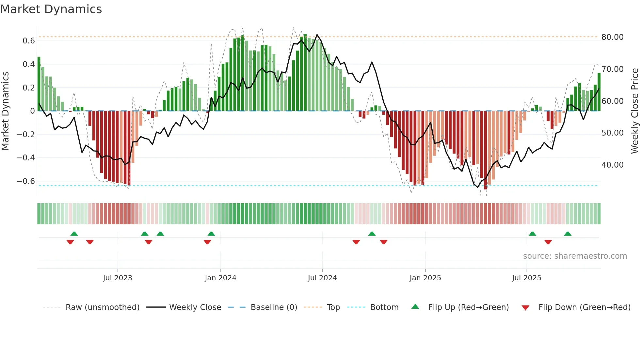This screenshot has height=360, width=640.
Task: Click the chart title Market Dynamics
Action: coord(51,9)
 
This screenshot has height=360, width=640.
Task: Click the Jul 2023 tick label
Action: coord(118,278)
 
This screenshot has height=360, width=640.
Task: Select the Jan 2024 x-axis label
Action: coord(220,278)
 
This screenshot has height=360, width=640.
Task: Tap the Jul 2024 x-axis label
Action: coord(322,278)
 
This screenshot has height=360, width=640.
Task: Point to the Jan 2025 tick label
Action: coord(425,278)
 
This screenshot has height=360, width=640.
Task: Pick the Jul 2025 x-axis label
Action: coord(526,278)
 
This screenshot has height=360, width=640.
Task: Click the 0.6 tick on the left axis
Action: coord(29,41)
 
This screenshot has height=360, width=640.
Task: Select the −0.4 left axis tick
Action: coord(26,158)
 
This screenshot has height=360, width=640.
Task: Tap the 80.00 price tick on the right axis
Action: coord(613,37)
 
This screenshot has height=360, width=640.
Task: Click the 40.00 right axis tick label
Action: coord(613,165)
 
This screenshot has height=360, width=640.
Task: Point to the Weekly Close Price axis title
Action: coord(634,111)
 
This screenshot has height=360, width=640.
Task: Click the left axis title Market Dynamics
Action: coord(6,111)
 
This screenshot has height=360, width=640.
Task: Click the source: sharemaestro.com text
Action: coord(575,256)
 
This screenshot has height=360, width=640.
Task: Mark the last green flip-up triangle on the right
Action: coord(568,234)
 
